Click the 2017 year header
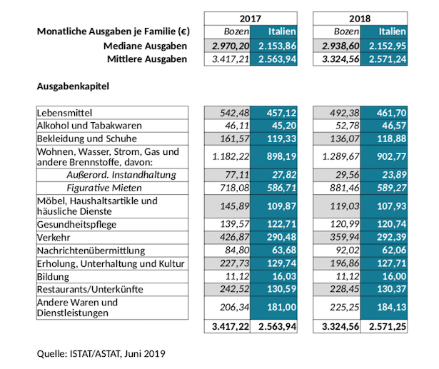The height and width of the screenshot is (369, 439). [251, 19]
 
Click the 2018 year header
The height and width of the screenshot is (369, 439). [360, 19]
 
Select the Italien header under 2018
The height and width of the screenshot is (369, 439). [392, 31]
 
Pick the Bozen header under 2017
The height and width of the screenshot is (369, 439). [236, 31]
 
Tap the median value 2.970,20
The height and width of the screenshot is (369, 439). [231, 46]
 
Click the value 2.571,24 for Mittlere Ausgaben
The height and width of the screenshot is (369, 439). [388, 59]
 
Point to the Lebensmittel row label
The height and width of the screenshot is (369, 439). [64, 113]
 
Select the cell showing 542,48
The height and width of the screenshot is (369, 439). [234, 113]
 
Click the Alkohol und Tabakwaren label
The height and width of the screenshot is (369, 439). [89, 126]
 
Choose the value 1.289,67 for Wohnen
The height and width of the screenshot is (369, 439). [340, 156]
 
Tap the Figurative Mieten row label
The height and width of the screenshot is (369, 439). [104, 188]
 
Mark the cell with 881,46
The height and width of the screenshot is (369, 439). [344, 188]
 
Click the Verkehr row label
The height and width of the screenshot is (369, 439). [54, 238]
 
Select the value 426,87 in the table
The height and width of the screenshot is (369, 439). [234, 237]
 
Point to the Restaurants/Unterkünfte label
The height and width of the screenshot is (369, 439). [90, 289]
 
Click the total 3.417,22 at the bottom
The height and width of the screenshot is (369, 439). [231, 326]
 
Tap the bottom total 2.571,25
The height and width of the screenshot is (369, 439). [388, 326]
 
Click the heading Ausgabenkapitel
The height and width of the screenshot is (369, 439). [73, 86]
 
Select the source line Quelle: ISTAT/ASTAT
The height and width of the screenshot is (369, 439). [101, 353]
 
